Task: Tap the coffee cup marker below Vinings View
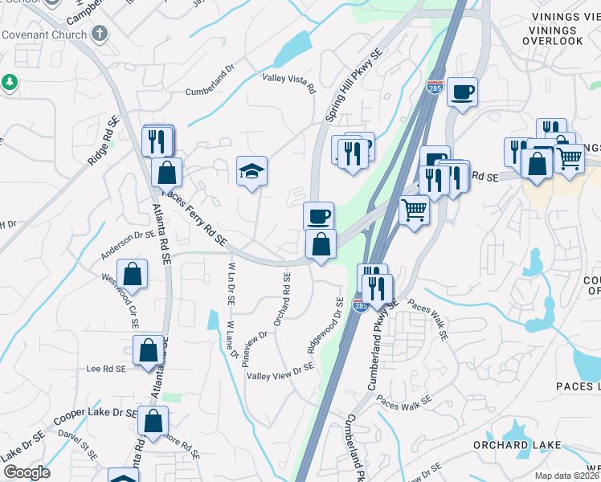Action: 462,92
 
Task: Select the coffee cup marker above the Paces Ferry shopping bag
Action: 319,215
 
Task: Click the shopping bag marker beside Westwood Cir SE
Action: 132,274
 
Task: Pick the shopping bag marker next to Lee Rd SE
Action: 148,350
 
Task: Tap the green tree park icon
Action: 10,82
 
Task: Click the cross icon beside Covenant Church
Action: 100,34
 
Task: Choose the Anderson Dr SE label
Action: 127,244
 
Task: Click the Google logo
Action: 27,472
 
